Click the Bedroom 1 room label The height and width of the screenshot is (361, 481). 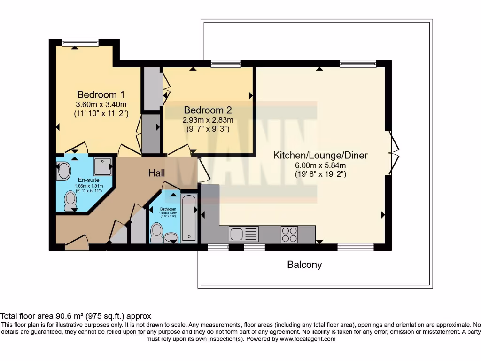pyautogui.click(x=101, y=94)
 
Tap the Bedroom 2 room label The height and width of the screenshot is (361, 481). pyautogui.click(x=208, y=110)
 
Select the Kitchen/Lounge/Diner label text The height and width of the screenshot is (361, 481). pyautogui.click(x=320, y=156)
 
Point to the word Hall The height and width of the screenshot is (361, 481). pyautogui.click(x=156, y=173)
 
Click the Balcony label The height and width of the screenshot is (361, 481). pyautogui.click(x=304, y=265)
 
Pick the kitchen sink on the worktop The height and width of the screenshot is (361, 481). pyautogui.click(x=243, y=234)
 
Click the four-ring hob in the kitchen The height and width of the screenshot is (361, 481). pyautogui.click(x=289, y=234)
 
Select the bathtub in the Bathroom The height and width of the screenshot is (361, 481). pyautogui.click(x=189, y=218)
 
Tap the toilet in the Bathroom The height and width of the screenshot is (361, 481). pyautogui.click(x=157, y=231)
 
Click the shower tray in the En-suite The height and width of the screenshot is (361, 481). pyautogui.click(x=102, y=166)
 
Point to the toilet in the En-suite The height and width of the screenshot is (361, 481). pyautogui.click(x=70, y=201)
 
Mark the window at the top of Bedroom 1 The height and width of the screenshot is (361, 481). pyautogui.click(x=80, y=42)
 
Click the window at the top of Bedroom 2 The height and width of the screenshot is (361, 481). pyautogui.click(x=225, y=63)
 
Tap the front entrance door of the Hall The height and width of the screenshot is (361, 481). pyautogui.click(x=76, y=242)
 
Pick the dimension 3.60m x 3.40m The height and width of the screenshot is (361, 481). pyautogui.click(x=101, y=104)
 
